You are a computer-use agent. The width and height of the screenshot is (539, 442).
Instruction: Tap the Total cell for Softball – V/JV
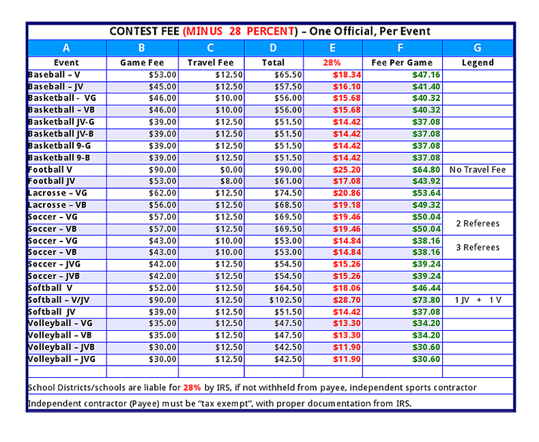click(x=285, y=301)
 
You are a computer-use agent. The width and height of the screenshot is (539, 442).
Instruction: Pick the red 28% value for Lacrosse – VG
click(x=347, y=194)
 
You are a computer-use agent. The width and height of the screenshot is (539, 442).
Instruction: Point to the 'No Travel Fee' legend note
click(x=478, y=170)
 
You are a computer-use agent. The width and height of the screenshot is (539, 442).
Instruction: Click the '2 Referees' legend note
click(x=478, y=224)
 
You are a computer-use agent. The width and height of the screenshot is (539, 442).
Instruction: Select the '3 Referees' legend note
click(x=478, y=248)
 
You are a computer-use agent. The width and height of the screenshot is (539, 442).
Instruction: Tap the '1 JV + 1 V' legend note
click(x=478, y=301)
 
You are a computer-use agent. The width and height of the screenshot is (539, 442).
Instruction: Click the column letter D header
click(x=274, y=48)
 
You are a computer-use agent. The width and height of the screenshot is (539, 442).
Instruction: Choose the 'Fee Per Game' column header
click(x=403, y=63)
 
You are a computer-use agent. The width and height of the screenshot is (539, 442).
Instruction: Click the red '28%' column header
click(x=332, y=63)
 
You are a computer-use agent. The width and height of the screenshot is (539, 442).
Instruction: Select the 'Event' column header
click(x=66, y=63)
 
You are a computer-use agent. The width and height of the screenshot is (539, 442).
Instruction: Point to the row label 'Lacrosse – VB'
click(x=57, y=205)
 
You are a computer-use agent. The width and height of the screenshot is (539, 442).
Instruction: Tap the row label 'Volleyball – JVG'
click(x=61, y=359)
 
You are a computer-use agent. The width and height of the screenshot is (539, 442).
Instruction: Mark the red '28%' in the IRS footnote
click(x=192, y=387)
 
